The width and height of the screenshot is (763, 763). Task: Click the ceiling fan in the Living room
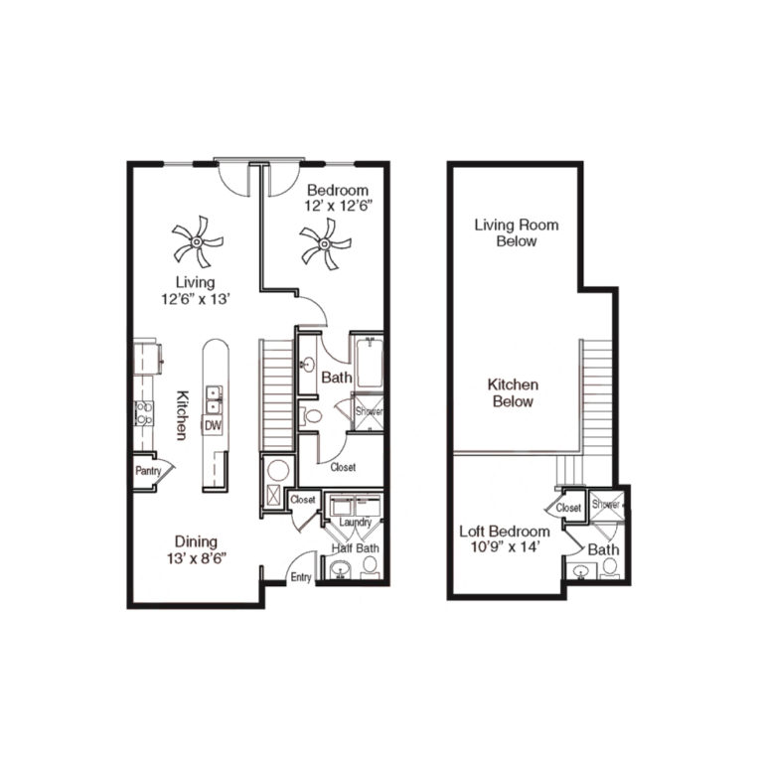[x=197, y=241]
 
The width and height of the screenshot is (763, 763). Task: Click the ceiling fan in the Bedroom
[x=325, y=241]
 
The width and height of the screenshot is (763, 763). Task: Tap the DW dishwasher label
[x=212, y=425]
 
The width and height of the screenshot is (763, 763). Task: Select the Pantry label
[x=148, y=471]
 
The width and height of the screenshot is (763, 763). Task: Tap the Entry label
[x=300, y=577]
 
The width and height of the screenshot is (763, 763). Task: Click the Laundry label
[x=355, y=523]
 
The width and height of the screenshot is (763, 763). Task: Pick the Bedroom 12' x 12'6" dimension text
[x=337, y=199]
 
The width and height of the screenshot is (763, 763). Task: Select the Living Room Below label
[x=517, y=232]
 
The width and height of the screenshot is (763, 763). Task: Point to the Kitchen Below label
[x=513, y=392]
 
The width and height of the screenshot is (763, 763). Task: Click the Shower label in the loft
[x=605, y=505]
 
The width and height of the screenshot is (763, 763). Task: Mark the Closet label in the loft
[x=568, y=508]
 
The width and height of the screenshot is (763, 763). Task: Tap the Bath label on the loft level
[x=603, y=549]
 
